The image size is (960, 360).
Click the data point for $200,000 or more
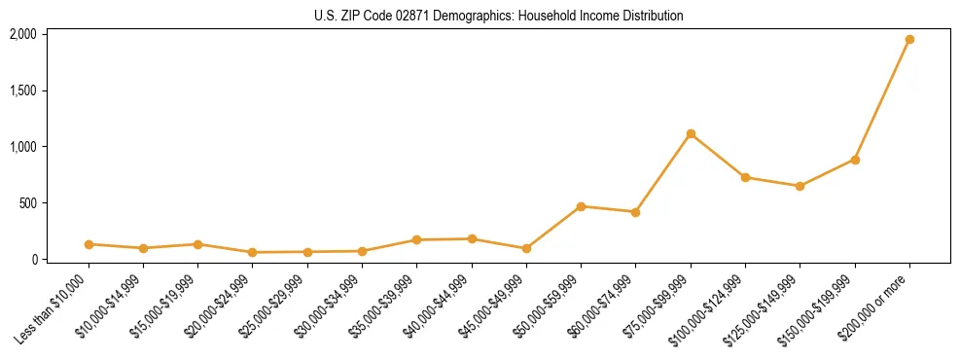coord(909,40)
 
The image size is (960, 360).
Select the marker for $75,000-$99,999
coord(691,134)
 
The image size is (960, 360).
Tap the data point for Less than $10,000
coord(89,244)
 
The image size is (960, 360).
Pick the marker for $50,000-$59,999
coord(581,206)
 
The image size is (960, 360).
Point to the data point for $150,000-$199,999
coord(855,160)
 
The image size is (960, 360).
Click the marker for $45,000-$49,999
coord(526,248)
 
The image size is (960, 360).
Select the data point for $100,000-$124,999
coord(745,177)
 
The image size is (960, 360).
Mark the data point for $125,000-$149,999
coord(800,186)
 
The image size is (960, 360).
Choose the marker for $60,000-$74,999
coord(635,212)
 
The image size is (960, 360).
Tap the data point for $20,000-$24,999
coord(253,252)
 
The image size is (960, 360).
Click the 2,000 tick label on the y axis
coord(22,34)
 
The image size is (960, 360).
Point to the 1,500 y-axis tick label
coord(22,90)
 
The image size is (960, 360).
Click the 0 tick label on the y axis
coord(33,260)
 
